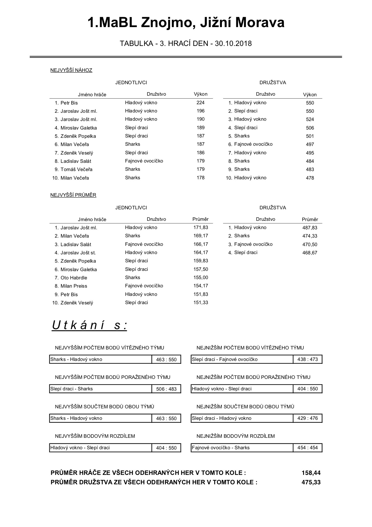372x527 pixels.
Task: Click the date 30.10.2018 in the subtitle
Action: point(233,44)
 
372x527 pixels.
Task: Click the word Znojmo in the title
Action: point(167,23)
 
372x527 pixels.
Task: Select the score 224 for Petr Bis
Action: point(200,103)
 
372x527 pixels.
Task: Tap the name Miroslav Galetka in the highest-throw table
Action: point(79,128)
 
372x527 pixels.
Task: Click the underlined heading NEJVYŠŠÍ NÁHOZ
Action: point(71,70)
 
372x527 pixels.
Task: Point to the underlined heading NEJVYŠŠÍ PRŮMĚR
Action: point(73,195)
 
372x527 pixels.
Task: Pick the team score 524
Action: point(310,119)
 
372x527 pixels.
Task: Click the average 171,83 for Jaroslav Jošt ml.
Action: point(201,228)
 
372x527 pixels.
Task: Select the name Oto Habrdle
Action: point(74,278)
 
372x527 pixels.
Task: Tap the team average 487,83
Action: point(310,228)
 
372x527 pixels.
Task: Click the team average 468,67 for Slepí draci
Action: point(310,253)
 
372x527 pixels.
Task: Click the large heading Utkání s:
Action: point(89,325)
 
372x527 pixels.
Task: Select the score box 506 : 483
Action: point(166,389)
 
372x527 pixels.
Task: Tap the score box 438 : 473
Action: point(308,359)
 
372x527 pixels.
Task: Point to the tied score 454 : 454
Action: point(308,448)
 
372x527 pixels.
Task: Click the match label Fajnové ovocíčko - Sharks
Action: point(221,448)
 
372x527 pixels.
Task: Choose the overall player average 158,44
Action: point(311,473)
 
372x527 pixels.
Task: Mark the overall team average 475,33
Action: point(311,482)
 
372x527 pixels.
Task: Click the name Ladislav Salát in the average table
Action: point(76,244)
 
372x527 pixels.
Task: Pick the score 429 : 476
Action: point(308,418)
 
